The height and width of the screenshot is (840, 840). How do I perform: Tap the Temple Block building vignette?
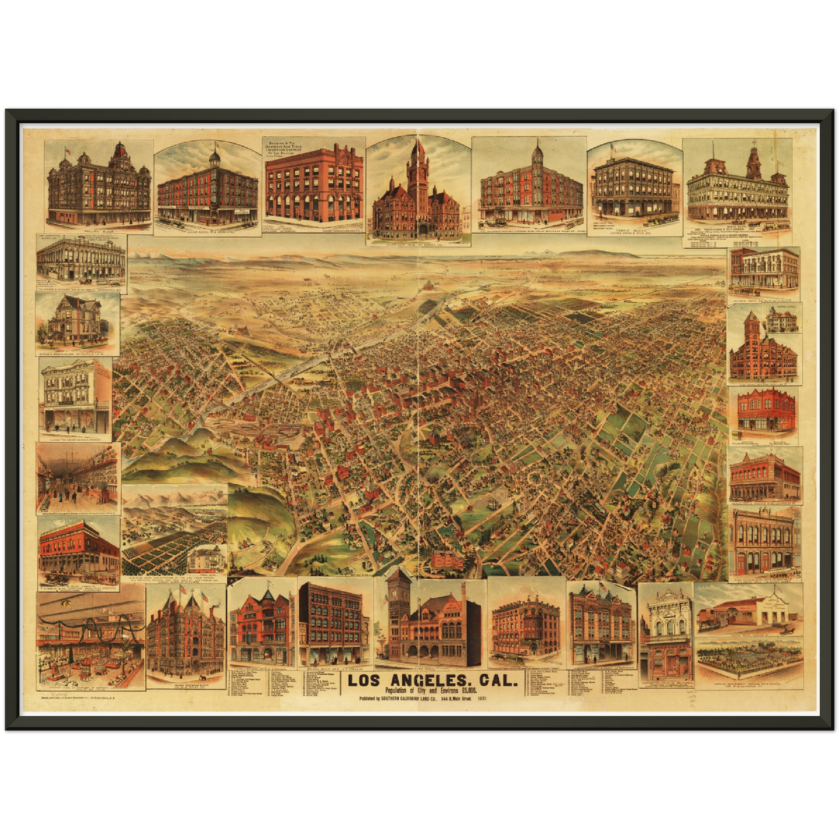634,189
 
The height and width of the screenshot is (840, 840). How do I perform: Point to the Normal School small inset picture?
781,320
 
